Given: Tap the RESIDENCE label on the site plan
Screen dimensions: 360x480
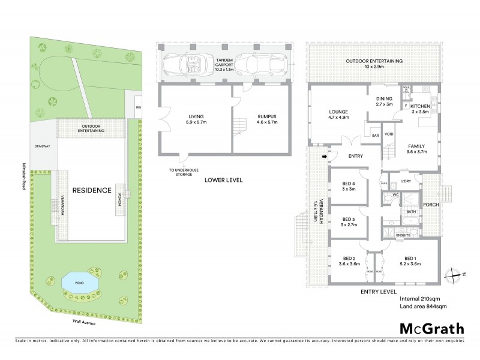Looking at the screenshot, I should [92, 190].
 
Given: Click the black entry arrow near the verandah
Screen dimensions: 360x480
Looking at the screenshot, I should [325, 157].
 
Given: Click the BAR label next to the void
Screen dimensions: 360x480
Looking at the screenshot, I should [376, 136].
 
